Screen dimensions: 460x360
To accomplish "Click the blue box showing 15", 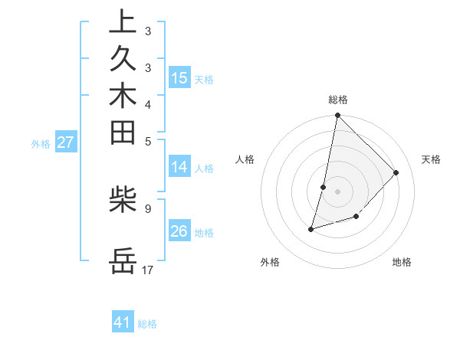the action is coord(179,77).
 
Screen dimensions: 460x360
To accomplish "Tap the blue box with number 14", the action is coord(179,168).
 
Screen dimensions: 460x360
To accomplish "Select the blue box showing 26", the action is coord(179,231).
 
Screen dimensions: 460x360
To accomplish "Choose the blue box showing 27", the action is coord(66,142).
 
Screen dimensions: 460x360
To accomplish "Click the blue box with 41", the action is coord(123,322).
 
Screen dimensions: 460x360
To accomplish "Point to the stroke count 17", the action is coord(148,270).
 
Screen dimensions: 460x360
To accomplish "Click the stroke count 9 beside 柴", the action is coord(147,207).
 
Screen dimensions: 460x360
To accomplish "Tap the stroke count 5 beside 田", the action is coord(147,140).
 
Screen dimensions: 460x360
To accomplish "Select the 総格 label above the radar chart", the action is coord(338,100).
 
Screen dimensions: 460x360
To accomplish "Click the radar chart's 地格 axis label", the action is coord(402,262).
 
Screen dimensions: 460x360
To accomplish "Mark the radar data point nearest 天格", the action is coord(396,172).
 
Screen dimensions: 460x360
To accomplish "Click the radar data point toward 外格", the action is coord(311,228).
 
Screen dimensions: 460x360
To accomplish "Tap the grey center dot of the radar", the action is coord(337,191).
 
